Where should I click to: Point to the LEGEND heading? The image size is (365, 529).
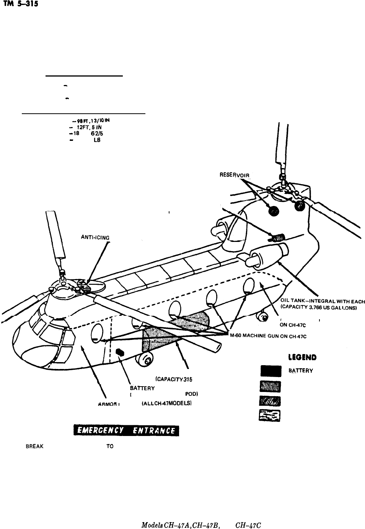300,357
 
